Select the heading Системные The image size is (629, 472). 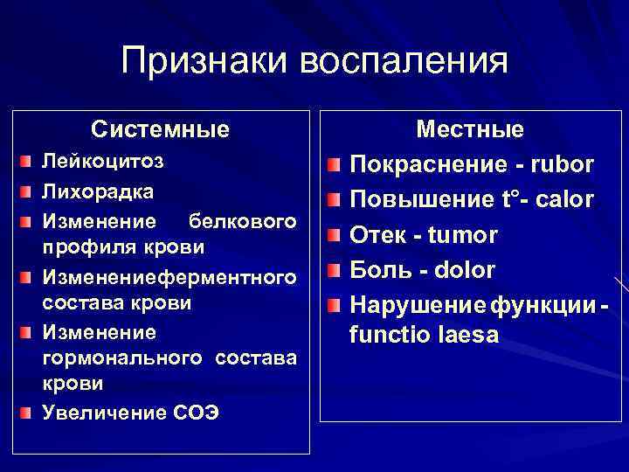(161, 130)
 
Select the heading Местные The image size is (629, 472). (470, 130)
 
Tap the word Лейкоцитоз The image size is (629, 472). (102, 162)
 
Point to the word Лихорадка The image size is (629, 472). (99, 191)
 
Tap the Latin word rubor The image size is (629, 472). (561, 164)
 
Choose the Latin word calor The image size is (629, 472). (561, 200)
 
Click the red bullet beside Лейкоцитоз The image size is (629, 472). (30, 163)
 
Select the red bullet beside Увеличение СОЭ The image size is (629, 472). (30, 413)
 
